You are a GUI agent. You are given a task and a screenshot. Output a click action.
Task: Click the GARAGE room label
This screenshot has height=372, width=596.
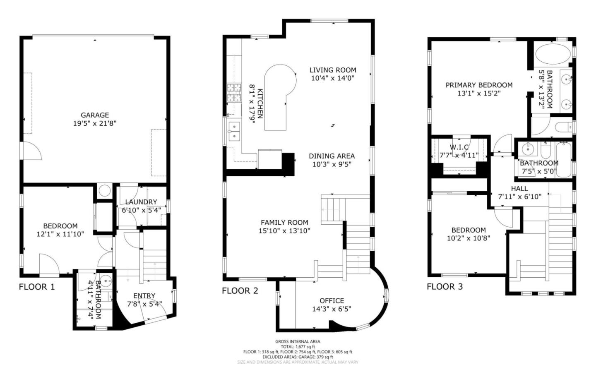95,115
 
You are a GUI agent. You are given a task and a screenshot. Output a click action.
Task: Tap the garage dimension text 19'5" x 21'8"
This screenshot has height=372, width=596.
95,123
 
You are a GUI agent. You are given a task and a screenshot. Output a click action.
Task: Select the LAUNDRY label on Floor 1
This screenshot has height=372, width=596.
141,202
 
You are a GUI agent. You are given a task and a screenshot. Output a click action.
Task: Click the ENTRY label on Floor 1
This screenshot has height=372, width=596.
144,296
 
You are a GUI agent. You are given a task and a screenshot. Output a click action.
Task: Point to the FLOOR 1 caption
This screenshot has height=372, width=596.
37,287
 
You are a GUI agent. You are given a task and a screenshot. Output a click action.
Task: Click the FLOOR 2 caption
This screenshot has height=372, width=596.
240,290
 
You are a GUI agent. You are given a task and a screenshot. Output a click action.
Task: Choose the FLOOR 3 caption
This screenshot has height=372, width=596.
445,286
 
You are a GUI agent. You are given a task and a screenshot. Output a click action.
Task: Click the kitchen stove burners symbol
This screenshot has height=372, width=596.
234,93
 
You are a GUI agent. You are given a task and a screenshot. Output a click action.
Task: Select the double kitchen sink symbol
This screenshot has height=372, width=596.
235,131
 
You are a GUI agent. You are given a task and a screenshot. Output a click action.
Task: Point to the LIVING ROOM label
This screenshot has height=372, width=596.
333,70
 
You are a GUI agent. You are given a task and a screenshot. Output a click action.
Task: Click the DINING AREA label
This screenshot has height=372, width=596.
332,156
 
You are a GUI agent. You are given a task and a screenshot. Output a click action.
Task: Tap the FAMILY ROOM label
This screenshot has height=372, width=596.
284,222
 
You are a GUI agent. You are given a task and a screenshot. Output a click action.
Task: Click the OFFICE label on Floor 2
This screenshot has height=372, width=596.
332,301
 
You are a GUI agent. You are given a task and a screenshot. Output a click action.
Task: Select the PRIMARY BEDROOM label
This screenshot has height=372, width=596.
479,85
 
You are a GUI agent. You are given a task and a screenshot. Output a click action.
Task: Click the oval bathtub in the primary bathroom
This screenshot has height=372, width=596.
552,54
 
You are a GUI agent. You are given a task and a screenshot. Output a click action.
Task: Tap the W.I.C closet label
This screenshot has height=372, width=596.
459,147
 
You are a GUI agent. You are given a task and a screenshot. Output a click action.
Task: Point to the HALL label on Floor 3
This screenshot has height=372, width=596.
519,188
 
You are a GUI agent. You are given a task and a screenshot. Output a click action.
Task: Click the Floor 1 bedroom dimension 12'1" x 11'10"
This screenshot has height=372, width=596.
60,234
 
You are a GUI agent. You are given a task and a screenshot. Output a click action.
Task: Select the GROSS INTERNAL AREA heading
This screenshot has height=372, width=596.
298,341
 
